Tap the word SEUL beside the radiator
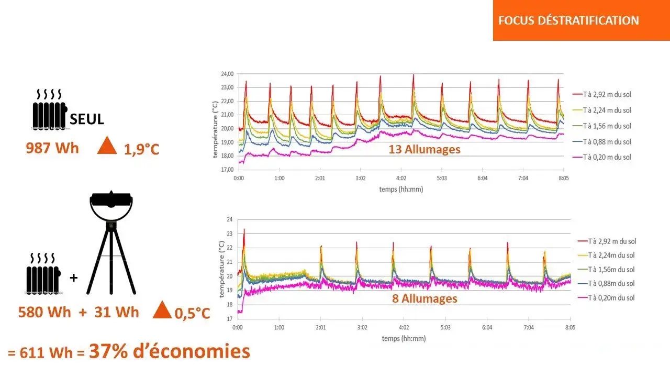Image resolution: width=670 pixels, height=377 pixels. pos(86,119)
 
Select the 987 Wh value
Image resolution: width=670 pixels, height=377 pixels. pos(52,148)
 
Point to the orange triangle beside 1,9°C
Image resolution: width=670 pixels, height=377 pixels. pos(107,146)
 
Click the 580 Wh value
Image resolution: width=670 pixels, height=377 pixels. pos(44,312)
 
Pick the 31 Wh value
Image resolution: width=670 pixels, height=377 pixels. pos(117,312)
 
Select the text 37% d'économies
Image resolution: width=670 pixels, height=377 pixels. pos(170,351)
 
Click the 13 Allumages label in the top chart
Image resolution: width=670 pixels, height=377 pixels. pos(425,149)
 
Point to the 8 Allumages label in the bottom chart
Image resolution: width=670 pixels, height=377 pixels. pos(425,298)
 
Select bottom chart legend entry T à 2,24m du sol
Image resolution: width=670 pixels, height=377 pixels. pos(611,256)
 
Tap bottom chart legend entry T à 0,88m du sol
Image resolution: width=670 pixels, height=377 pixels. pos(611,284)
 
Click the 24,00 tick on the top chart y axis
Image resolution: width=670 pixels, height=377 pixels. pos(226,74)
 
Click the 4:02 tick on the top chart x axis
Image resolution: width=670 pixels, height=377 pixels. pos(401,178)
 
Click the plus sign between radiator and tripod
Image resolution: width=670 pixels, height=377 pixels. pos(73,278)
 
